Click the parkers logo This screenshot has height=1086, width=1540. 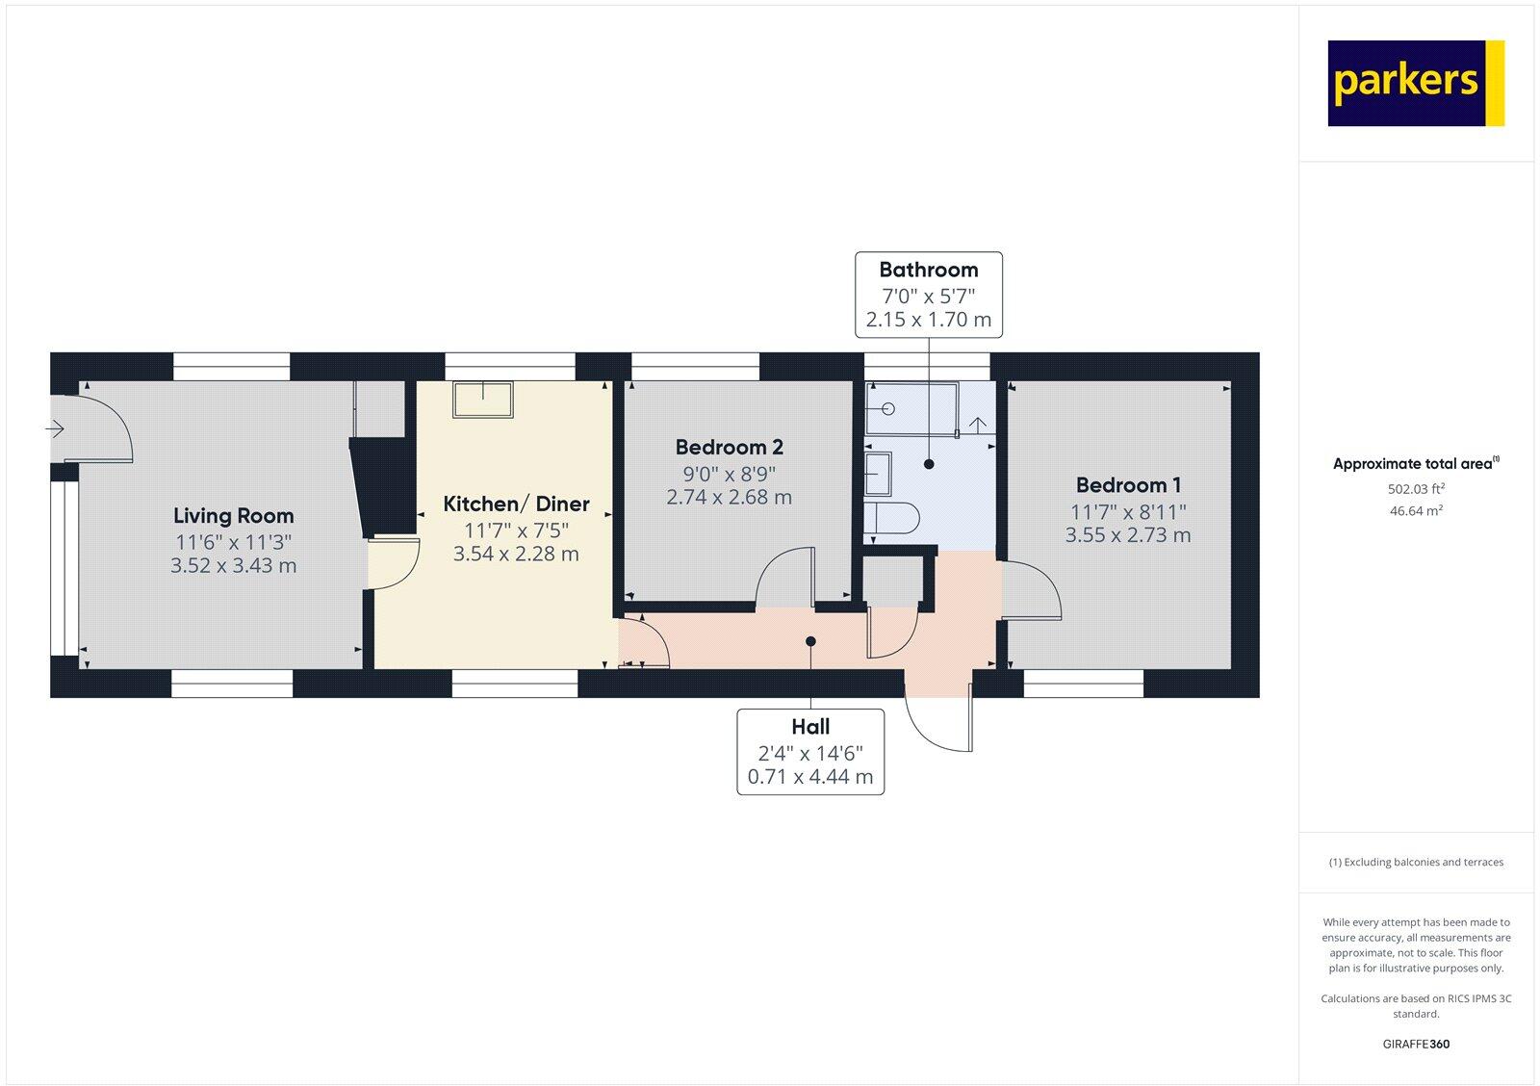click(x=1415, y=83)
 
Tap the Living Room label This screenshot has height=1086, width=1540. click(x=233, y=516)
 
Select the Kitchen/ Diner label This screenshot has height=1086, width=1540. click(x=516, y=504)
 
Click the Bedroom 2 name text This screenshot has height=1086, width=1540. click(x=729, y=447)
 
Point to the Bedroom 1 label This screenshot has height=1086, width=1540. click(x=1128, y=485)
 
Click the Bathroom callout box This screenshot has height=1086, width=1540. click(x=929, y=295)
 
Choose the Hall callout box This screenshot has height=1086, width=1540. click(x=810, y=751)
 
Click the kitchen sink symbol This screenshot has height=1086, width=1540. click(x=483, y=399)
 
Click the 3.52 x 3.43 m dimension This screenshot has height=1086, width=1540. click(x=233, y=565)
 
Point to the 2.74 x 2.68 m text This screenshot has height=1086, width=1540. click(x=729, y=497)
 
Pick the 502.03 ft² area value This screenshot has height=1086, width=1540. click(x=1416, y=488)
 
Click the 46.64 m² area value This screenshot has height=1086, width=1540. click(x=1416, y=510)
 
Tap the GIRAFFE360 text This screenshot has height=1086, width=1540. click(x=1416, y=1044)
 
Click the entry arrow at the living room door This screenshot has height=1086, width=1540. click(x=55, y=427)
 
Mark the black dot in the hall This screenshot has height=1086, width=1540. click(x=810, y=641)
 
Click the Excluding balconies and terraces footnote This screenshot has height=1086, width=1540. click(x=1416, y=862)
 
